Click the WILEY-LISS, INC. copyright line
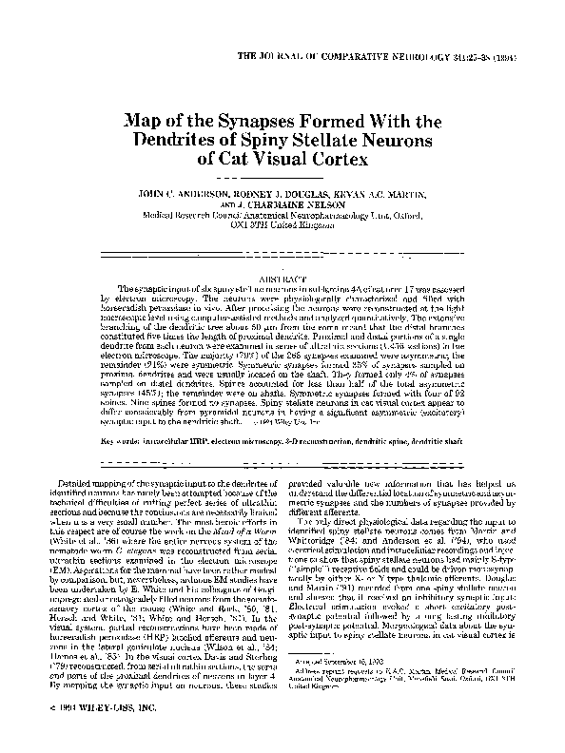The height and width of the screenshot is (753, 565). [x=92, y=735]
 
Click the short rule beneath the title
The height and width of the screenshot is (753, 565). [x=282, y=178]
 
